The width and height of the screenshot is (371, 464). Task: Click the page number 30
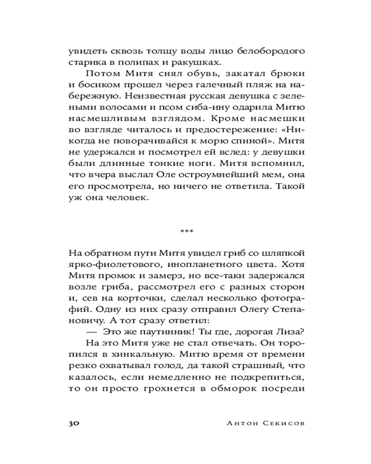point(75,423)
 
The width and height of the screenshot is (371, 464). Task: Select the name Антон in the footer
point(241,423)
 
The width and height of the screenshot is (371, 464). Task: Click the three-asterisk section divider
point(186,231)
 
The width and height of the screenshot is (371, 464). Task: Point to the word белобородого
point(271,50)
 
